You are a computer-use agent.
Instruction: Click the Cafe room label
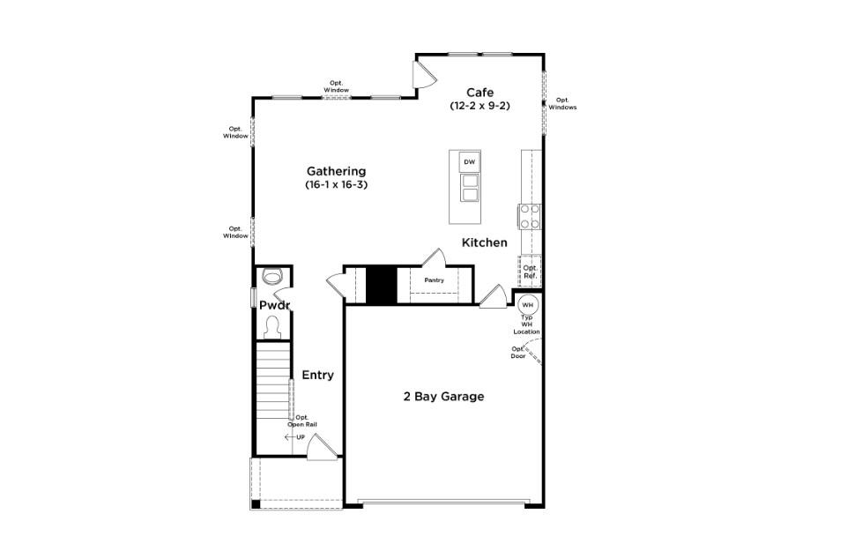point(480,92)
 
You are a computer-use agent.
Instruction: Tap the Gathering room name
point(336,171)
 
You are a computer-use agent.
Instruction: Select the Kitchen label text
point(485,242)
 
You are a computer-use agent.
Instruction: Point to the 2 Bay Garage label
point(443,397)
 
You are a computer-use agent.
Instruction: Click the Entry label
point(317,375)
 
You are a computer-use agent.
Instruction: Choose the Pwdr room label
point(274,305)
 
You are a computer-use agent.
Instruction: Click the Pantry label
point(434,280)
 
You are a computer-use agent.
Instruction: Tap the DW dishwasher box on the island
point(469,162)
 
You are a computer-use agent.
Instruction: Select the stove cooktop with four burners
point(529,216)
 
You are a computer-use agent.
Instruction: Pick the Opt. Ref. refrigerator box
point(530,272)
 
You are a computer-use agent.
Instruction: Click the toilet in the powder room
point(273,328)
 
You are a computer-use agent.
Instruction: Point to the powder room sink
point(273,276)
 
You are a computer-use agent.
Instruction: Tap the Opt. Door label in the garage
point(518,352)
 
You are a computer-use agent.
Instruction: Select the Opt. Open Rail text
point(302,421)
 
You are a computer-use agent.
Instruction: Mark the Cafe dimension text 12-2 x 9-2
point(480,106)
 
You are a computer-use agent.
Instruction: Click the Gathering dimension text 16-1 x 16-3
point(336,185)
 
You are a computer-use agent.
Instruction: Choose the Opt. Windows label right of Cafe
point(562,103)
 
